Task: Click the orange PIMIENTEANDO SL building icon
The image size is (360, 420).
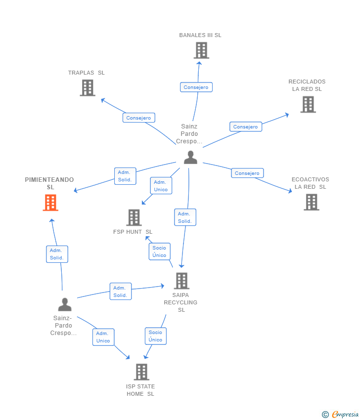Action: click(x=50, y=203)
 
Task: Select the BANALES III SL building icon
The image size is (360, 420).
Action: click(x=201, y=50)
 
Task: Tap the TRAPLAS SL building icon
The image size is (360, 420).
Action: click(x=88, y=88)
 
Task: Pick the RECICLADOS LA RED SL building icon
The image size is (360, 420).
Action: click(x=308, y=104)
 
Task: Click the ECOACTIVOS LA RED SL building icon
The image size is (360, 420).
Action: click(x=312, y=202)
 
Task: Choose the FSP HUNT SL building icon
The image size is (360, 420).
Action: click(x=134, y=217)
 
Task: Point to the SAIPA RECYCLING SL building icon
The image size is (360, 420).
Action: click(x=181, y=281)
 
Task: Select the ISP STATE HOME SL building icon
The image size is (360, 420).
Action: click(x=141, y=372)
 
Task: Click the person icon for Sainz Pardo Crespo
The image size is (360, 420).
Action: click(x=190, y=158)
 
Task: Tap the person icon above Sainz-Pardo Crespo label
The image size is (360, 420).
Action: click(x=65, y=304)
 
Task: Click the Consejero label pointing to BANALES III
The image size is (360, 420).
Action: click(x=196, y=87)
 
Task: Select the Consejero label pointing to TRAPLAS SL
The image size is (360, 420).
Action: click(x=139, y=118)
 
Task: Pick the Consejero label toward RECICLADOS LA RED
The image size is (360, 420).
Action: click(x=246, y=126)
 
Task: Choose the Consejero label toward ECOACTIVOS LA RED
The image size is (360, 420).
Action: click(x=247, y=173)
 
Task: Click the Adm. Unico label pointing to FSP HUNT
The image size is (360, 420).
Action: click(x=161, y=186)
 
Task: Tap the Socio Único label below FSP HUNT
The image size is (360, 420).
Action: click(x=160, y=252)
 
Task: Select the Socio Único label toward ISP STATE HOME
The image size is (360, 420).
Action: click(x=156, y=336)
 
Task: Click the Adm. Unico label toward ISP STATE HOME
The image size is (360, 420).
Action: click(x=103, y=337)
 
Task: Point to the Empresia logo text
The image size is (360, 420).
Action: click(x=345, y=415)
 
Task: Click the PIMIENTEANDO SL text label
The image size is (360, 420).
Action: click(x=49, y=183)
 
